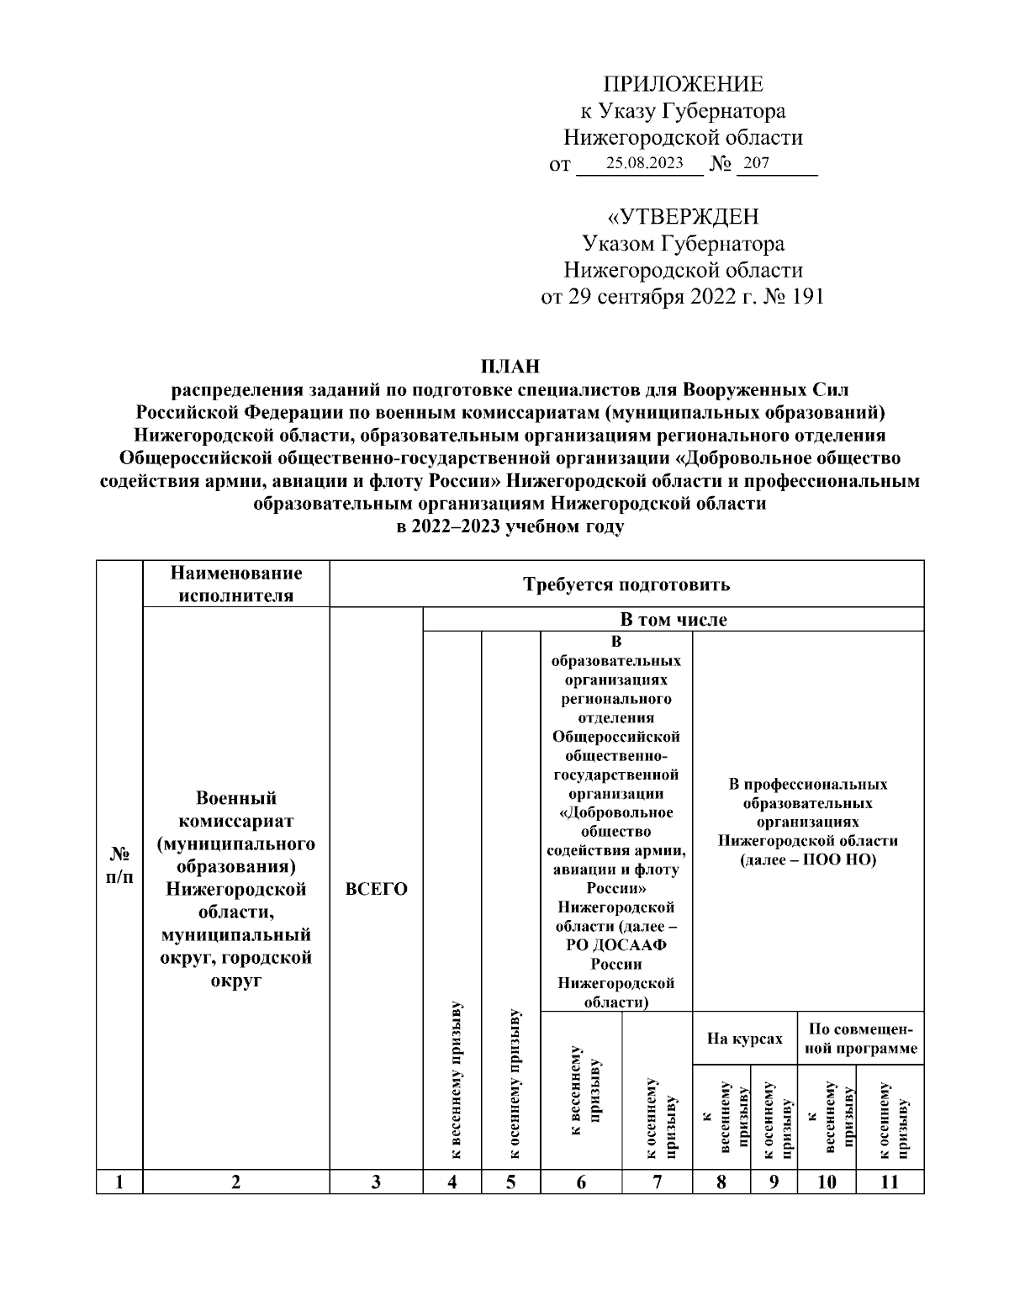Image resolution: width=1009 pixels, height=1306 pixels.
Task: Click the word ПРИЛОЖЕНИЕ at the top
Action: pos(682,83)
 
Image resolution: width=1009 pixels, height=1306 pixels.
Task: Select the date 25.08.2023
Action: pos(644,163)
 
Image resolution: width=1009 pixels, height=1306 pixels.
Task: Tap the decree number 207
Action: pos(756,163)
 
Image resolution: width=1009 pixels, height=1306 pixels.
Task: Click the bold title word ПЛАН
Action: pos(510,367)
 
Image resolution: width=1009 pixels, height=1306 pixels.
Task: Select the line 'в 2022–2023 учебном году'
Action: pos(510,527)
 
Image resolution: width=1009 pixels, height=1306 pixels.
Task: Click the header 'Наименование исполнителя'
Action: pos(236,584)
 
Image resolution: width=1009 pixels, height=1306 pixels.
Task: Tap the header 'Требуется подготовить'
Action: pos(626,584)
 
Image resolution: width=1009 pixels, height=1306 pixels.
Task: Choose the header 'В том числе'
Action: pos(673,620)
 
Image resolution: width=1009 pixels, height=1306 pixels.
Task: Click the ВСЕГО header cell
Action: pos(376,889)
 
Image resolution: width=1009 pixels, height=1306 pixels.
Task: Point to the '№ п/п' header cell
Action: pos(119,865)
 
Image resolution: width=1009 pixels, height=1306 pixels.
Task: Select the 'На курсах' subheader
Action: pos(744,1039)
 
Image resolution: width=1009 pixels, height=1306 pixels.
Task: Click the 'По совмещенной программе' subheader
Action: pos(860,1039)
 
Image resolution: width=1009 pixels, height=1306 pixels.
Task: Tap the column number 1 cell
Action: pos(119,1182)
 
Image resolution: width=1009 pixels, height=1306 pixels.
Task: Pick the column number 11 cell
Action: pos(890,1182)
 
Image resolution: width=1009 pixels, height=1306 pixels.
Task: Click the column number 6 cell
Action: pos(581,1182)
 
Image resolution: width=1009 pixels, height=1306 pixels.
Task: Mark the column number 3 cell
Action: pos(376,1182)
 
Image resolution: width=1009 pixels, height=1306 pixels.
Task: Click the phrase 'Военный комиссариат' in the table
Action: pos(236,809)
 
